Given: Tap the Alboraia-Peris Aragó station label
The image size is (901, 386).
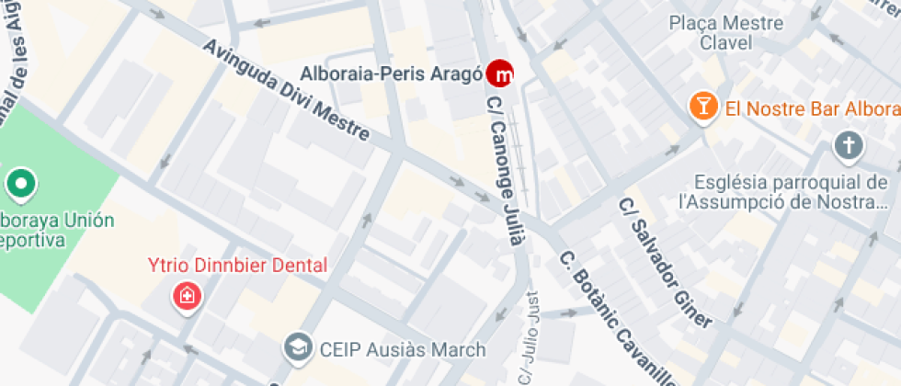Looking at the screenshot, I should point(393,73).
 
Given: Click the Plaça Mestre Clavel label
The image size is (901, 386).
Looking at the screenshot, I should point(725,33).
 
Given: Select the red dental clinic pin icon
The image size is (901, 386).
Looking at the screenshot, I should point(187,297).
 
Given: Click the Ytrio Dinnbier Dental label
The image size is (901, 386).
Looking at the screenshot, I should point(237,266).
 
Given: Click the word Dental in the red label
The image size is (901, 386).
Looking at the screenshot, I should point(294,266).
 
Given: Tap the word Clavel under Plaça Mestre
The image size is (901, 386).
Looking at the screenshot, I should point(725,42).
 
